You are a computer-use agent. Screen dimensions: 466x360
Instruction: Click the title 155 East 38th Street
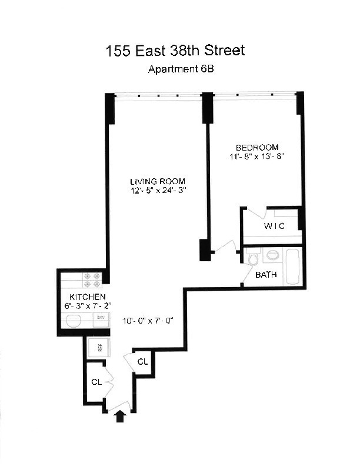click(175, 51)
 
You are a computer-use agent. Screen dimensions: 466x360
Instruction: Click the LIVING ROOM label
click(158, 181)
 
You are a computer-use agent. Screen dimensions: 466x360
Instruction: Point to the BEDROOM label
click(257, 147)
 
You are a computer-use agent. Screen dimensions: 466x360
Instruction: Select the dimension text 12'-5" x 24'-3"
click(158, 191)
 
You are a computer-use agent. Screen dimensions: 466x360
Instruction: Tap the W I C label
click(274, 226)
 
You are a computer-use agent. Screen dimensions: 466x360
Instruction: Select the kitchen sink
click(74, 321)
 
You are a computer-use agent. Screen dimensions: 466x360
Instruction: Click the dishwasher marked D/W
click(101, 317)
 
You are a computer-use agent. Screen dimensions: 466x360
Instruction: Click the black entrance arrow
click(121, 417)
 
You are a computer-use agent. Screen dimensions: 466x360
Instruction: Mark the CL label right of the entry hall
click(142, 361)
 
